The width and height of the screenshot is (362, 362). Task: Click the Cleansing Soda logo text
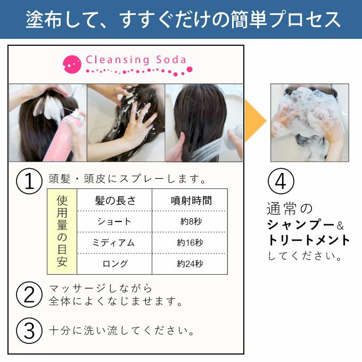coord(136,59)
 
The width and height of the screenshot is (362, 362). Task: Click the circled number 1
coord(29,181)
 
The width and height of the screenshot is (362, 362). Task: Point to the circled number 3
coord(29,331)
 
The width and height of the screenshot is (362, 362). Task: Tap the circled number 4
coord(281,182)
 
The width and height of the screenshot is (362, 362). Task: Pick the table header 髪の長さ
coord(115,200)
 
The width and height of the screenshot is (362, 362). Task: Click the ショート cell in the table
coord(114,221)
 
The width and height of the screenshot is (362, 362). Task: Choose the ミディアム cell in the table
coord(114,243)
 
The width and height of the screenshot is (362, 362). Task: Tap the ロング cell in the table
coord(114,264)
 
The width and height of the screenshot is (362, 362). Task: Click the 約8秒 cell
coord(190,221)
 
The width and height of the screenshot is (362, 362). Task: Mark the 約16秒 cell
coord(190,243)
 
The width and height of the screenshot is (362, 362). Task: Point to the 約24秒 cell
coord(190,264)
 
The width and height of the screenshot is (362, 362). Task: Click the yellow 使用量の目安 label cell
coord(62,231)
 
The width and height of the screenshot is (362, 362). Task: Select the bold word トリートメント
coord(308,240)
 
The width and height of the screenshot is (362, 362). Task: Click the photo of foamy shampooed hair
coord(309,122)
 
